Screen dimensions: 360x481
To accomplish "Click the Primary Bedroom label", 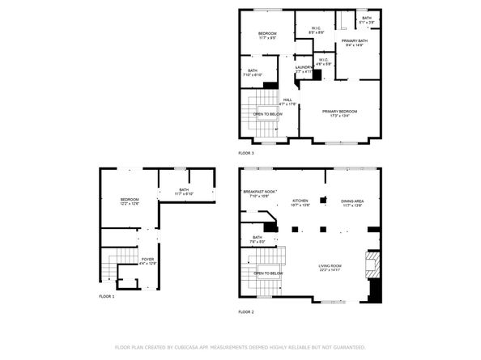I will click(339, 111).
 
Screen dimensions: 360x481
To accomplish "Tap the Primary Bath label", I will click(354, 41).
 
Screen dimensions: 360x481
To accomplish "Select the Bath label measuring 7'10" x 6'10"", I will click(252, 71).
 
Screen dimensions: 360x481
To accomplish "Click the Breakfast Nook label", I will click(259, 192).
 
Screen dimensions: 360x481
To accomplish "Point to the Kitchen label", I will click(300, 200).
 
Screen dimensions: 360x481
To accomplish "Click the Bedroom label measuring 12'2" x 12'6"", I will click(130, 200).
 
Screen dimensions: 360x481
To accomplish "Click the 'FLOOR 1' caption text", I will click(107, 297).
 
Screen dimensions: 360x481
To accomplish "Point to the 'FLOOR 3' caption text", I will click(246, 152).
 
